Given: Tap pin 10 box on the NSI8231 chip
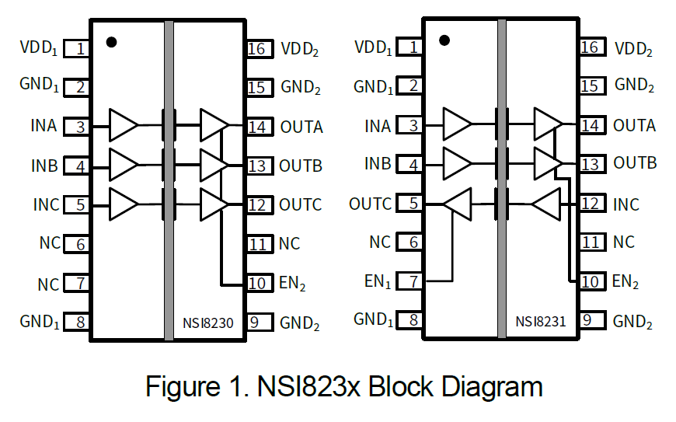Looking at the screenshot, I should tap(591, 281).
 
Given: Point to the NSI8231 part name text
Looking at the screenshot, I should tap(540, 321).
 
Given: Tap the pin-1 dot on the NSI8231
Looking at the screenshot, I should tap(445, 40).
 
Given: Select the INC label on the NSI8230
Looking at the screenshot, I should tap(46, 205).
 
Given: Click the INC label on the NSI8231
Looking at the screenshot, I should tap(626, 204).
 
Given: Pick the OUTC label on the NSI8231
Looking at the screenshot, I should tap(371, 204).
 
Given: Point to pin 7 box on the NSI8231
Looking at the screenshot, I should tap(413, 281).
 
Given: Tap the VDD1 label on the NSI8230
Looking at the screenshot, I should tap(40, 47).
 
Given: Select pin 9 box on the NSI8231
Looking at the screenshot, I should tap(591, 319).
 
